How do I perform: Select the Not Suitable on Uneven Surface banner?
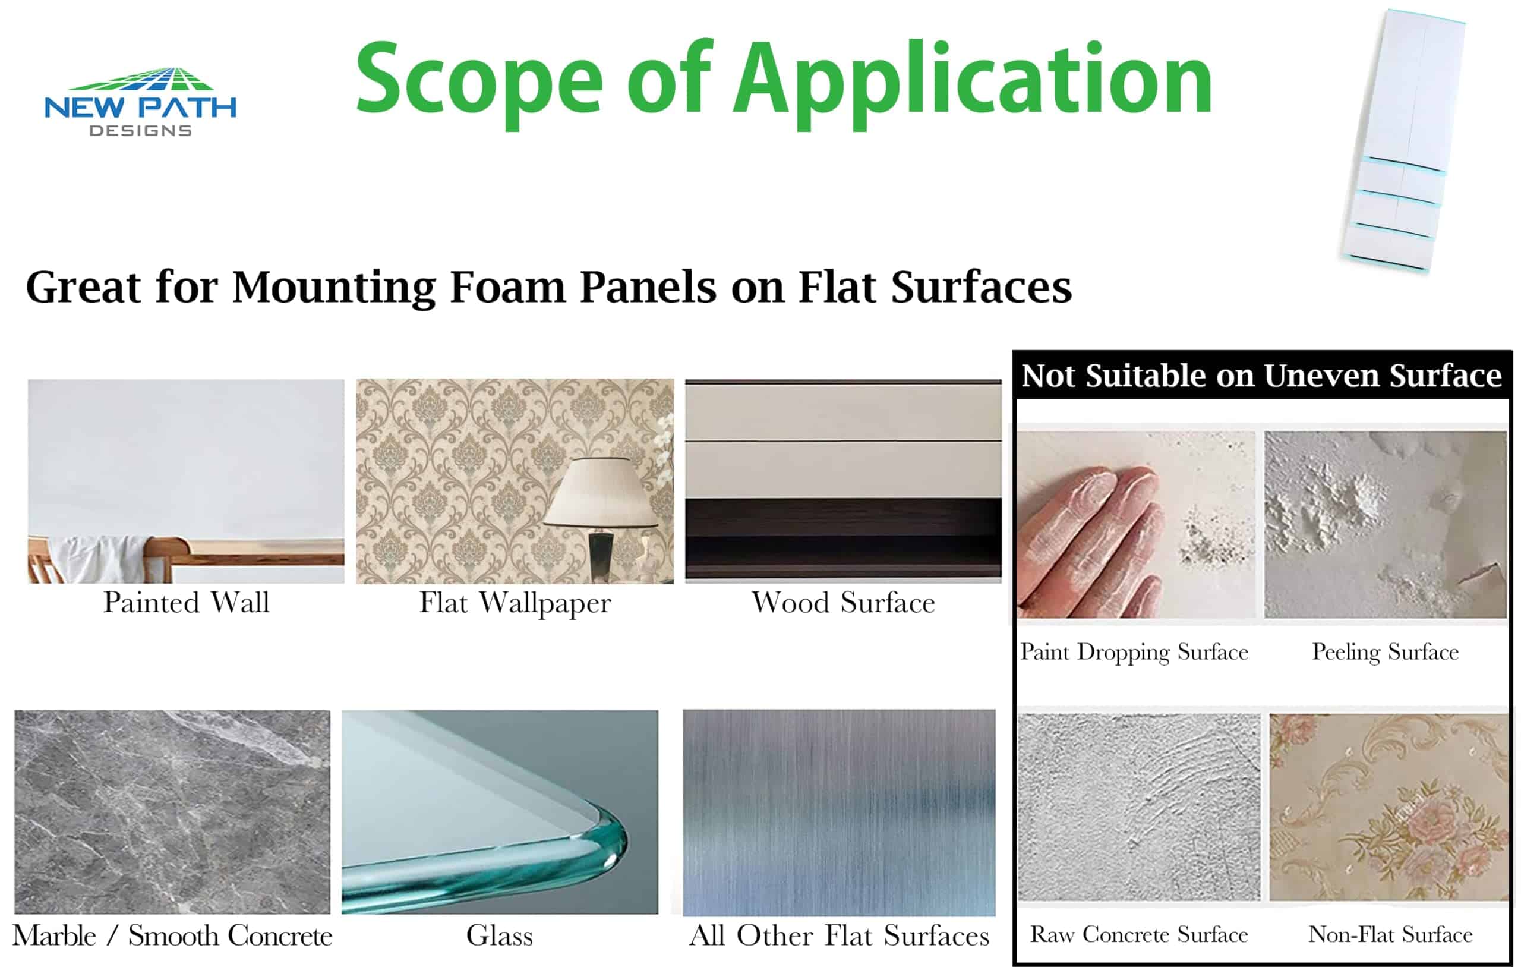click(x=1261, y=376)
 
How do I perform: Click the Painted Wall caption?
click(x=187, y=602)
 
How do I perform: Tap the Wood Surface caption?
click(x=843, y=602)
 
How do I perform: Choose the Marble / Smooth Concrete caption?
click(x=172, y=935)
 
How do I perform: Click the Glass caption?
click(x=500, y=935)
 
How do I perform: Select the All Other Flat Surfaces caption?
click(x=840, y=935)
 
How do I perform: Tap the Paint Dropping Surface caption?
click(x=1134, y=652)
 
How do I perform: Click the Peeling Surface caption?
click(x=1385, y=652)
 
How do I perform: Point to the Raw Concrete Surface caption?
click(x=1139, y=934)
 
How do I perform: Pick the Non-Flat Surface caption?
click(x=1390, y=934)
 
